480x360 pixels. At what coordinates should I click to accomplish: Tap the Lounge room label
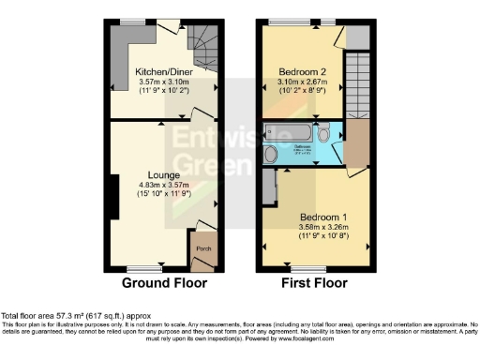[x=163, y=174]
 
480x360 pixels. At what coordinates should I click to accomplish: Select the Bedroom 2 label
[x=302, y=70]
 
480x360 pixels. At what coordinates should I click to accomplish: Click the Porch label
[x=202, y=249]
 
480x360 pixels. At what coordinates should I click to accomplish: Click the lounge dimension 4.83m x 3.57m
[x=163, y=185]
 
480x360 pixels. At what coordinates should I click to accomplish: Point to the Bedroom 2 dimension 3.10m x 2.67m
[x=302, y=82]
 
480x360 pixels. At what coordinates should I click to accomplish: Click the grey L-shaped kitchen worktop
[x=120, y=52]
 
